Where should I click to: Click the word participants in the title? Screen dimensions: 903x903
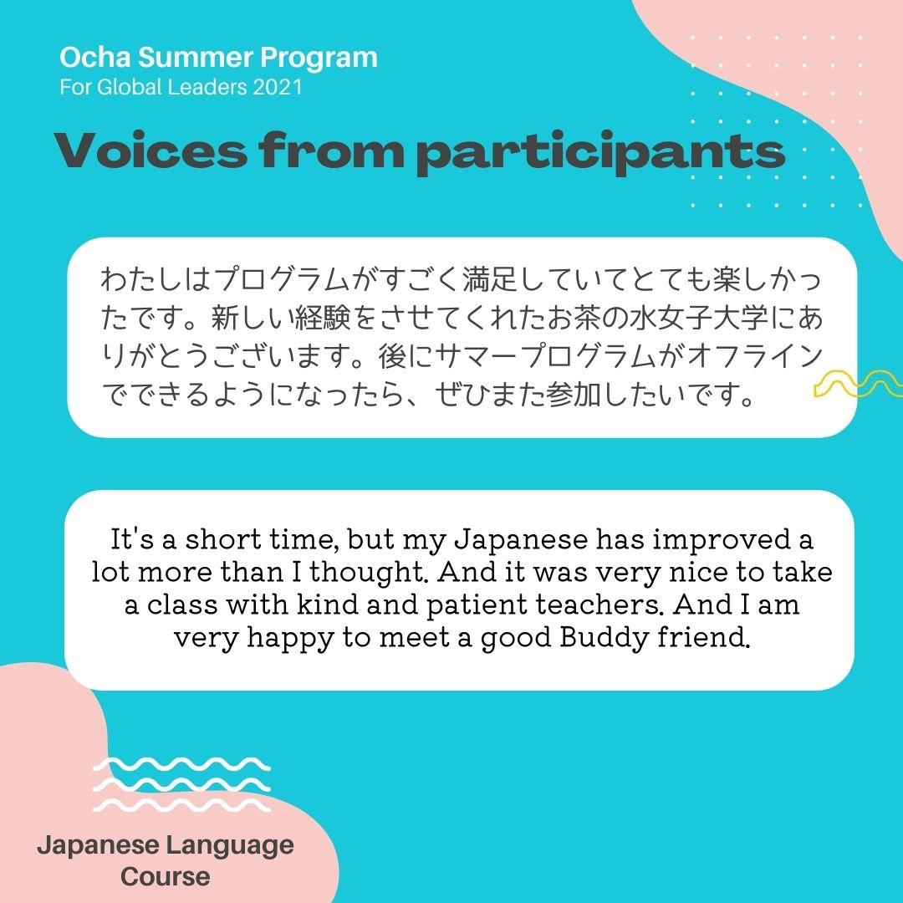tap(600, 153)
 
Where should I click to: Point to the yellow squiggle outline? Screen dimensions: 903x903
tap(858, 384)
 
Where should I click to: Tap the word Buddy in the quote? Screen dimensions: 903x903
tap(605, 637)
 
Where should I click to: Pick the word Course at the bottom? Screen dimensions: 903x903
tap(166, 876)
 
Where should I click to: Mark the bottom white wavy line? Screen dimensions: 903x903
tap(181, 805)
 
